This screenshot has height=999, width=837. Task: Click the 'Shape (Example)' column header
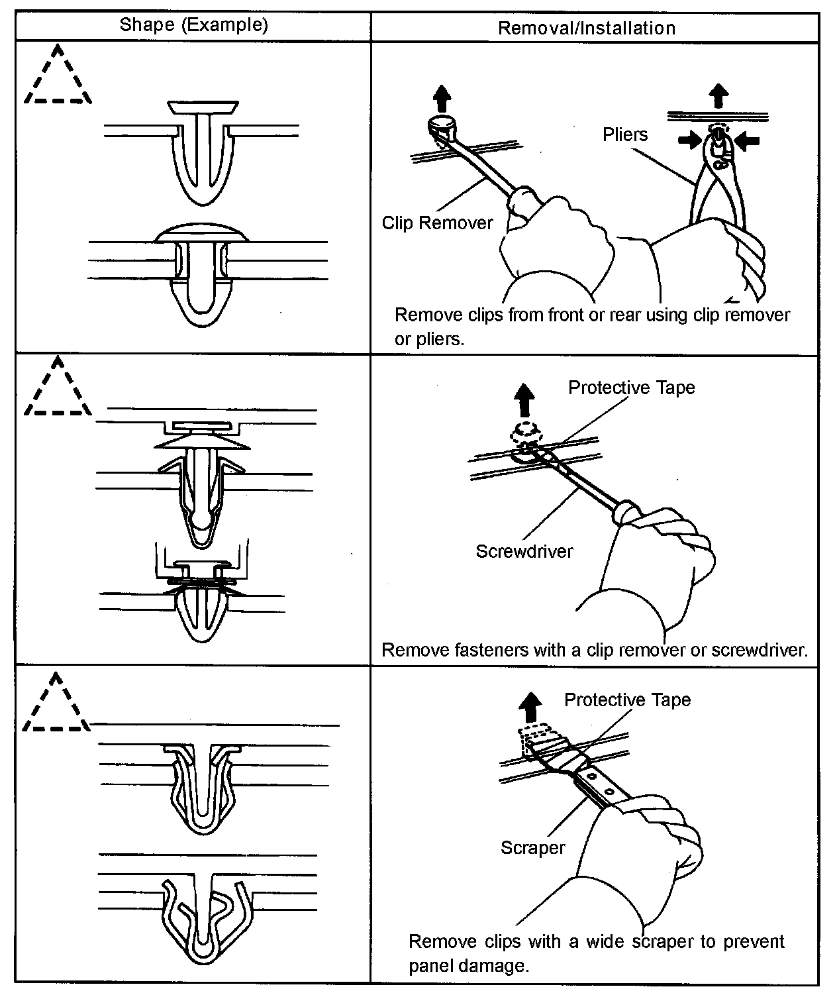193,26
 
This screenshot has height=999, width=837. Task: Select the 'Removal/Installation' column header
586,28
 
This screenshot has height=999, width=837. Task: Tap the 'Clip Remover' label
437,223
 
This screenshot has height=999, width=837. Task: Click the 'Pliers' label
624,135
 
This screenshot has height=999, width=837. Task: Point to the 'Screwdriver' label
524,551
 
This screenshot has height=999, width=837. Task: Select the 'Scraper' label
532,848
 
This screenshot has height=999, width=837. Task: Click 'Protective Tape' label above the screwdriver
632,388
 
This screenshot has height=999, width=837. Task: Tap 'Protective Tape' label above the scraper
627,700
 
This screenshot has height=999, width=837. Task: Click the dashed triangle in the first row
58,78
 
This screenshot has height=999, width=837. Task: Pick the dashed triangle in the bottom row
56,705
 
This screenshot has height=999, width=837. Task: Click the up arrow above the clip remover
442,99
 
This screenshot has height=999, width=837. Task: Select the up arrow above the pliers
717,95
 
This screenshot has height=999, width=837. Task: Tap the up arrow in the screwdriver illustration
525,400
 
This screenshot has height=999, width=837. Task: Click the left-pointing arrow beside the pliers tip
746,140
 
